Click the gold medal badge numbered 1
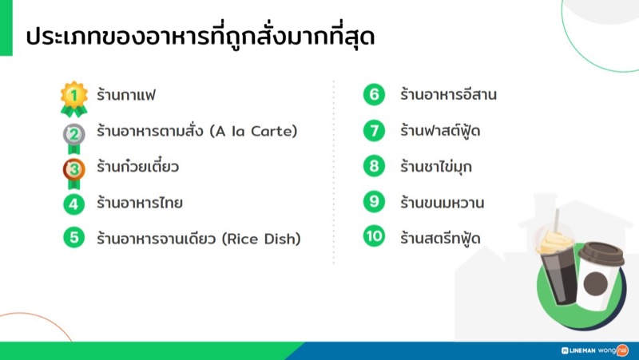[x=74, y=97]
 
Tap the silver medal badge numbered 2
[x=74, y=133]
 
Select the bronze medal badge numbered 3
[x=74, y=168]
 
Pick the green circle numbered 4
[x=74, y=204]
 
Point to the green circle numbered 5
[x=74, y=238]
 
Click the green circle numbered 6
[x=374, y=95]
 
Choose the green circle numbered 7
[x=374, y=131]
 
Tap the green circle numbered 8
[x=374, y=166]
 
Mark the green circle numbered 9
[x=374, y=202]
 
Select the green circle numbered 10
[x=374, y=237]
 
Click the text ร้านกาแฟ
[x=125, y=96]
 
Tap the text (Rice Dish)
[x=262, y=238]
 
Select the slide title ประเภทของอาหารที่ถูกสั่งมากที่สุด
[x=200, y=37]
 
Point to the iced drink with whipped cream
[x=556, y=263]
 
